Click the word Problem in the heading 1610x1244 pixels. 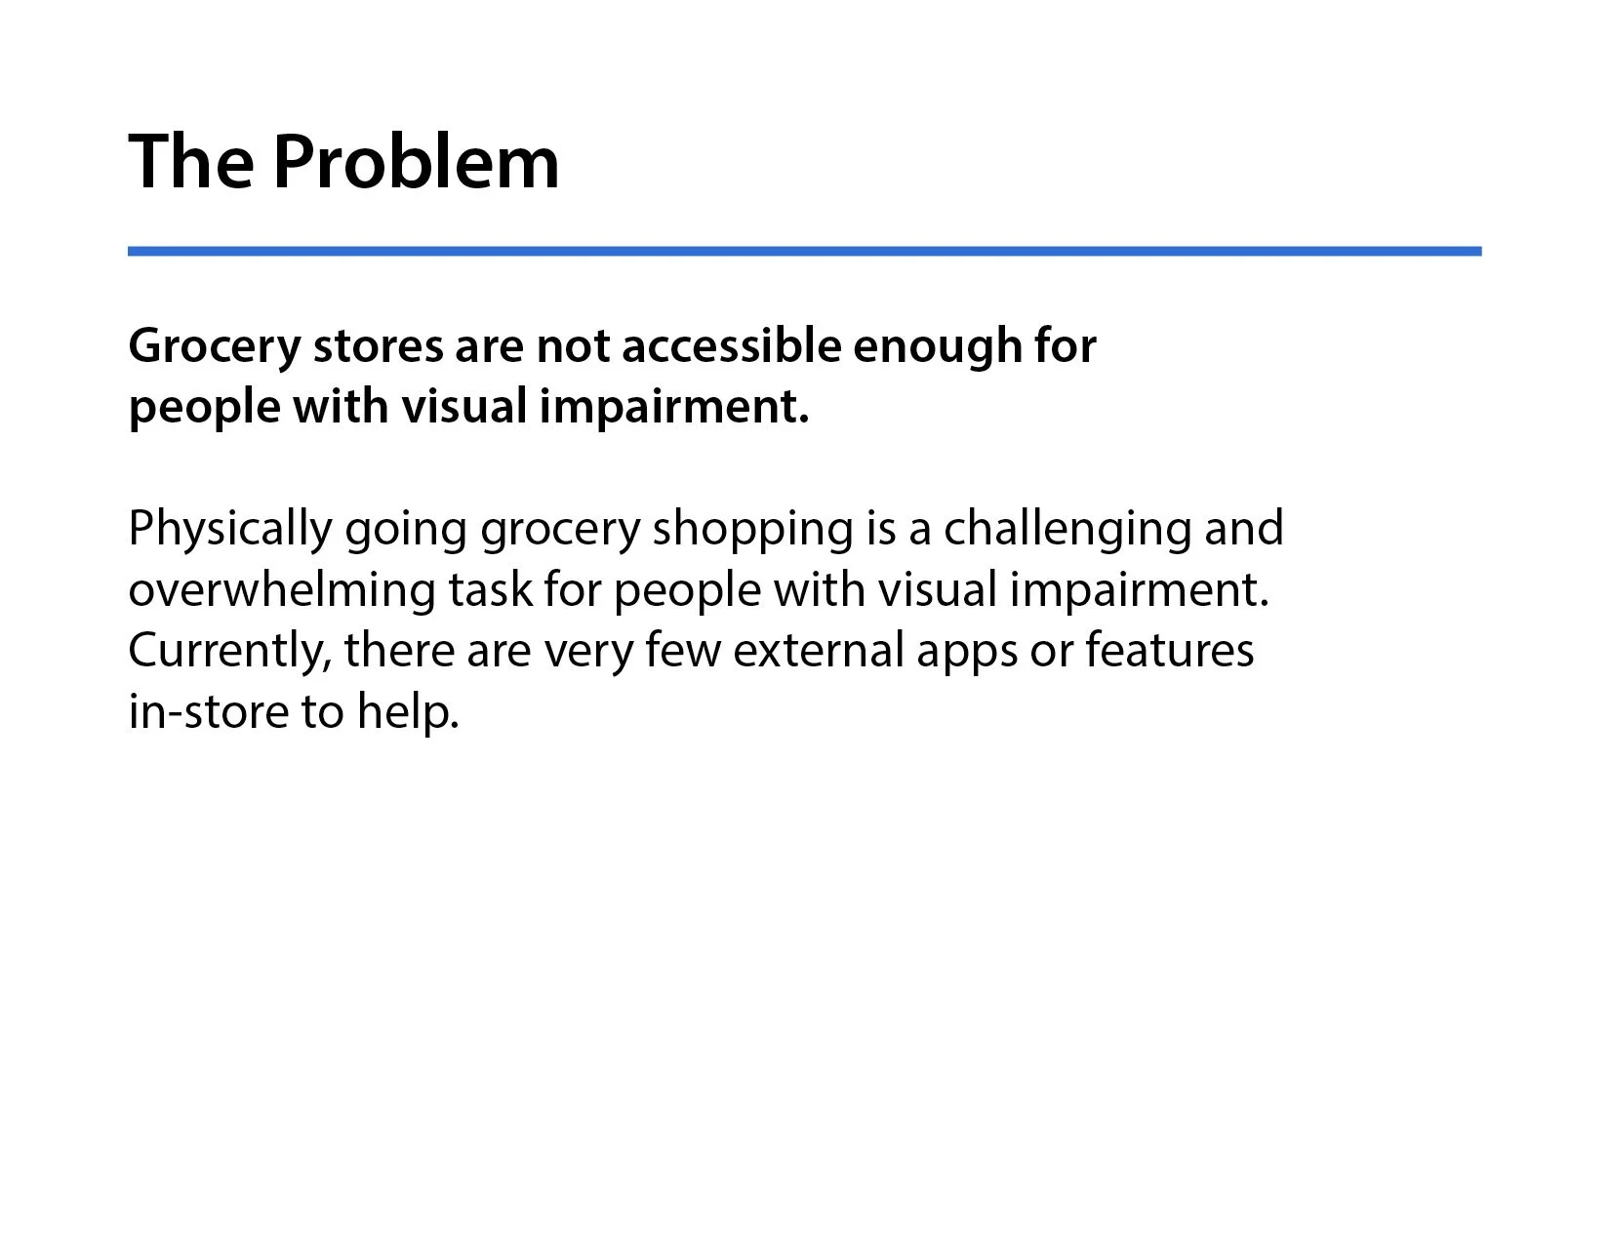point(416,161)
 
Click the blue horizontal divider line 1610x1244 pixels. point(804,252)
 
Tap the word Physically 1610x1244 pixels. point(230,530)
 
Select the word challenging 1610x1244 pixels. point(1067,530)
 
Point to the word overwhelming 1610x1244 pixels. point(282,590)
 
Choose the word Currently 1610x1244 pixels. point(229,652)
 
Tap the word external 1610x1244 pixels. point(819,651)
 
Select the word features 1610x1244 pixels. point(1170,651)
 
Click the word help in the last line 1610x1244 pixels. point(408,711)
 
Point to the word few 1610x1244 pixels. point(683,651)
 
